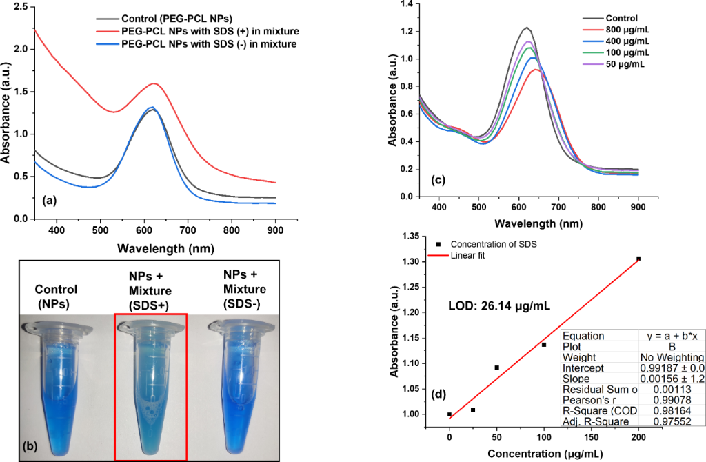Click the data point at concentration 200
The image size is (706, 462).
638,259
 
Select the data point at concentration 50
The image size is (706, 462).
496,368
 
